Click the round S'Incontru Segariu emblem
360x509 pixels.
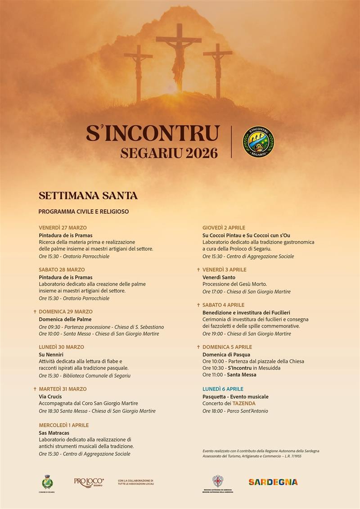pos(258,142)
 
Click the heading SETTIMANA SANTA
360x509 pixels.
pos(88,196)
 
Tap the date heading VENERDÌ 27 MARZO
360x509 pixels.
pos(63,228)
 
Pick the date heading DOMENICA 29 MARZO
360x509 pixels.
pos(66,311)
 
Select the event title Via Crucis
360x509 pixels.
pos(50,396)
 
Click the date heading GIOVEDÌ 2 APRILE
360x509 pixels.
pos(224,228)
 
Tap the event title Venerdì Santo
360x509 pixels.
pos(219,277)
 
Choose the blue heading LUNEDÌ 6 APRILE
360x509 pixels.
pos(223,389)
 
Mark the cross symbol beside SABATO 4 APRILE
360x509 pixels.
pos(198,305)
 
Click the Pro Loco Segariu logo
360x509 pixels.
pos(89,482)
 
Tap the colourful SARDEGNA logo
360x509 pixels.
pos(273,482)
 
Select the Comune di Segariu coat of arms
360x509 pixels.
pos(47,482)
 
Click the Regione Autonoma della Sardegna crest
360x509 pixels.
pos(217,481)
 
